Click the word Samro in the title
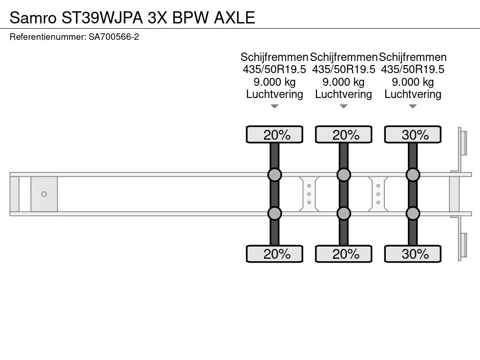pos(33,17)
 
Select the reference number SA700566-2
pos(114,37)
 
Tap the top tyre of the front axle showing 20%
pos(275,135)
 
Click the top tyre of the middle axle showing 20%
pos(344,135)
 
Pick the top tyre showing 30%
pos(412,135)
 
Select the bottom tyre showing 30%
pos(412,254)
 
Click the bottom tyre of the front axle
pos(275,254)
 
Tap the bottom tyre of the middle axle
pos(344,254)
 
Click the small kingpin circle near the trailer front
pos(44,194)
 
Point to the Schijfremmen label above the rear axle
pos(412,57)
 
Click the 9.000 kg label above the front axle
pos(275,82)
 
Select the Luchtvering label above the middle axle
pos(344,94)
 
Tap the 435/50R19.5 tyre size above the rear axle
pos(412,69)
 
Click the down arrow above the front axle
pos(275,106)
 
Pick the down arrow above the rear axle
pos(412,106)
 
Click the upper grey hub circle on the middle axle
pos(344,175)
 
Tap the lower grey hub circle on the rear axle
pos(412,213)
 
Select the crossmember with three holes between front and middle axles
pos(309,194)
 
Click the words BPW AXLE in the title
pos(213,17)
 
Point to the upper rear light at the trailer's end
pos(463,143)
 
